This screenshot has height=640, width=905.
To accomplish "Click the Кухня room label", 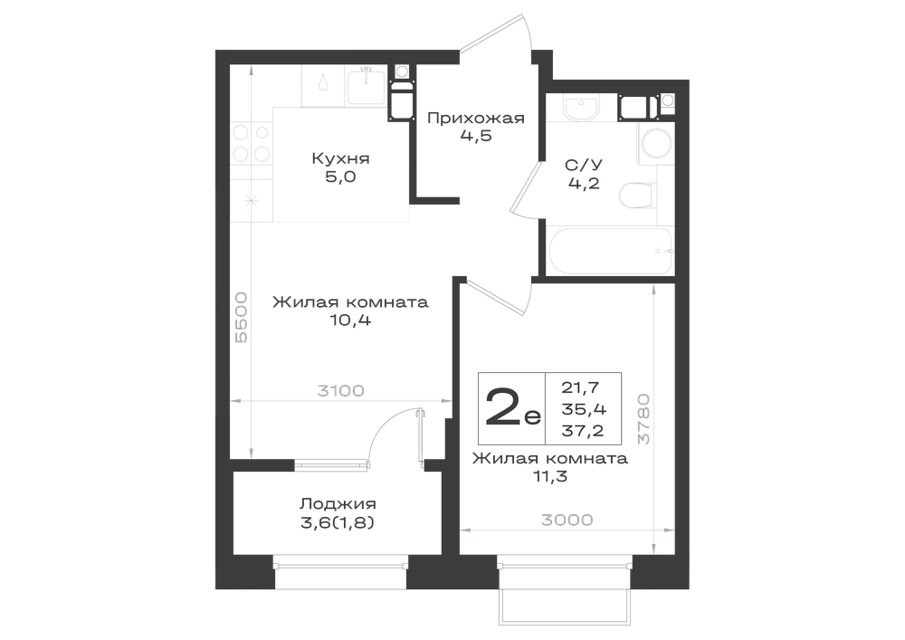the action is point(340,158).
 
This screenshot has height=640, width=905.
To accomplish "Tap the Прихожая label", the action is point(476,119).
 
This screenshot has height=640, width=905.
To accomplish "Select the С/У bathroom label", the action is point(584,165).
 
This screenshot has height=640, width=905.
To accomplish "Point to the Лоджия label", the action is point(338,504).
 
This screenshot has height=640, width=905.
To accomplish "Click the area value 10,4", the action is point(350,320).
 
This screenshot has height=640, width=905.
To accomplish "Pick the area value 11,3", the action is point(550,477).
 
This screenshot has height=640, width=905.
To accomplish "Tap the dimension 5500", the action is point(241,318).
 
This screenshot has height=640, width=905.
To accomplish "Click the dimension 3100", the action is point(340,391).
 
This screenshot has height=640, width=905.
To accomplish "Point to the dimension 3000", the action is point(567,520).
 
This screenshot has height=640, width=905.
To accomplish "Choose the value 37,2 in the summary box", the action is point(583,430).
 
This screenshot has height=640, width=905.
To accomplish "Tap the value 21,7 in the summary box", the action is point(581,387).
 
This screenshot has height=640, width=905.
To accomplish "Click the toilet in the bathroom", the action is point(637,196).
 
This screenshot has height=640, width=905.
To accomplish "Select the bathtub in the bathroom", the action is point(610,253).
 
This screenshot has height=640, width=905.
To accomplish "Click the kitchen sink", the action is point(366,85).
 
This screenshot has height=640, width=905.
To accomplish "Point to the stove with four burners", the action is point(251,143).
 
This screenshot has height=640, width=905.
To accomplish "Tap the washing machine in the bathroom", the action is point(656,142).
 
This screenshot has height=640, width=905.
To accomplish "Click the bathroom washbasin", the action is point(581,108).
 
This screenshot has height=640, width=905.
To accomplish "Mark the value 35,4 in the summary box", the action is point(584,409).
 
